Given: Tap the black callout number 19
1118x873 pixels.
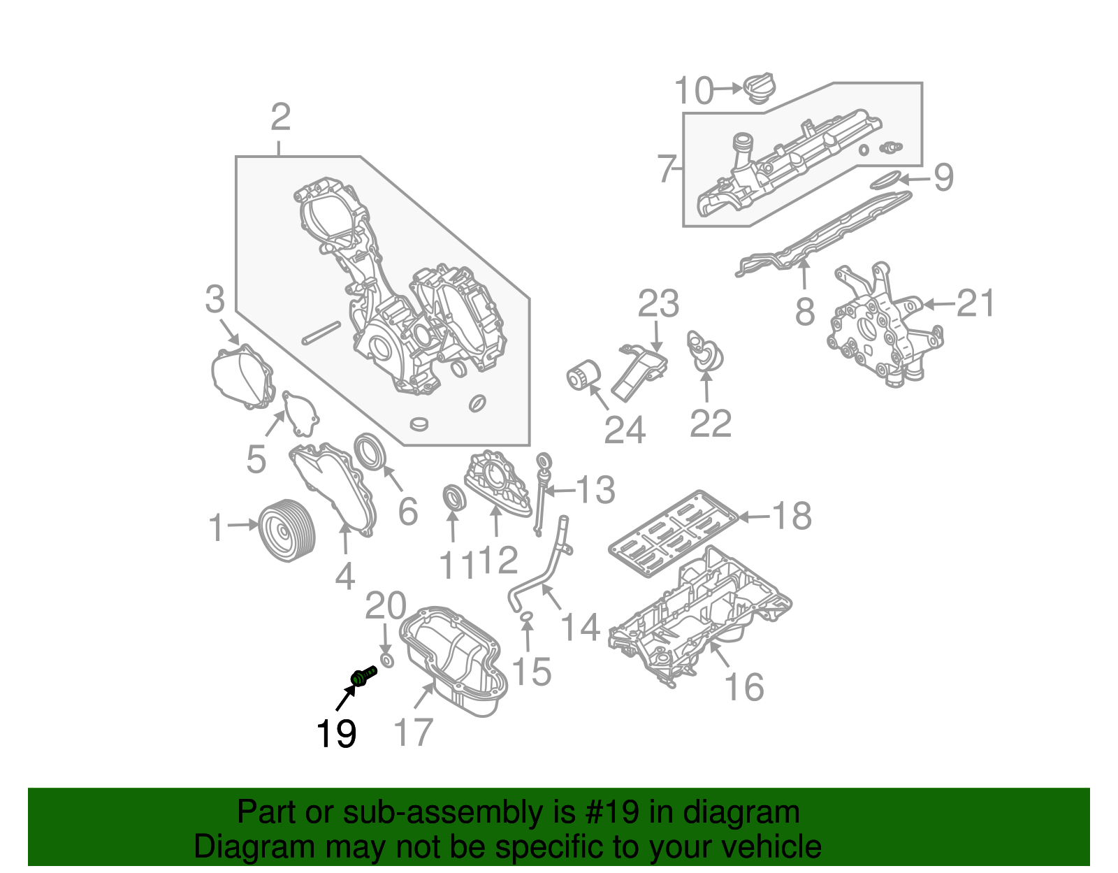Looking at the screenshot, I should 336,734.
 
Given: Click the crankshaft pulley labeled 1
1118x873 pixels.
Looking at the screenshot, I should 286,531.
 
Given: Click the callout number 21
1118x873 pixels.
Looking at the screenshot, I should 975,303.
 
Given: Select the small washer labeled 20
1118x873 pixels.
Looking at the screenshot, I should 386,661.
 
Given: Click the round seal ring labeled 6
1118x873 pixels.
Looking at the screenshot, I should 370,451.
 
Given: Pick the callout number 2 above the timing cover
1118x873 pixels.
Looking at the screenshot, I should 280,117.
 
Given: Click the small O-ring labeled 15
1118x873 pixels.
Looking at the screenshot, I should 528,616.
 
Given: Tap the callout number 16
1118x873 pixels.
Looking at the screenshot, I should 744,686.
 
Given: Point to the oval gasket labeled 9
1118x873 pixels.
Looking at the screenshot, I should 887,180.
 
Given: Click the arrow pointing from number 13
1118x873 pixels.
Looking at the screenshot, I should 558,491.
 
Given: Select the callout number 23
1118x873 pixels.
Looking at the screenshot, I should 658,303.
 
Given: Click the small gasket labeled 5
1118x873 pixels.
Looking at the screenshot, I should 300,413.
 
